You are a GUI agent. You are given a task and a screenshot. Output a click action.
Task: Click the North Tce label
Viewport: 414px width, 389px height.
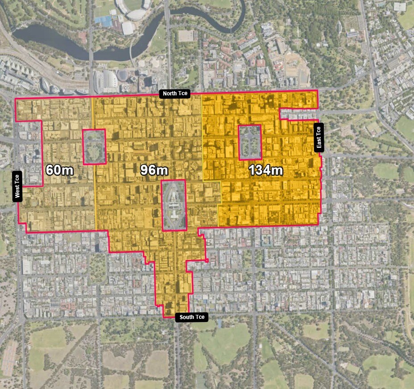point(175,94)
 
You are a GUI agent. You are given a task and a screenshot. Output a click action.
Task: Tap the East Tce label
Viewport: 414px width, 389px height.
point(319,138)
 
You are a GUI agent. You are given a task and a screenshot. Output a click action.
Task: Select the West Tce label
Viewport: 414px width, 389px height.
point(17,186)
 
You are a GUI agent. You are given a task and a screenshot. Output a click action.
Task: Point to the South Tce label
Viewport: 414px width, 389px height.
point(192,318)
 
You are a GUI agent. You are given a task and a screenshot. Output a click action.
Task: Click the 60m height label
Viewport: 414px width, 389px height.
point(59,170)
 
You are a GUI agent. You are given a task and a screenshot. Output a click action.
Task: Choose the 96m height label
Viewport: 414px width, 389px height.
point(154,170)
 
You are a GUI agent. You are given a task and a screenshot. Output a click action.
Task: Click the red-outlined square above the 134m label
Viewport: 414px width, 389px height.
point(249,142)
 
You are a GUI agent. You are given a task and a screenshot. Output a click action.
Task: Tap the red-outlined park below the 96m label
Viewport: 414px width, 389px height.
point(174,205)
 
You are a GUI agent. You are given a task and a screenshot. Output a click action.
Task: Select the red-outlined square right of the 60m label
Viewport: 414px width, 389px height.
point(94,146)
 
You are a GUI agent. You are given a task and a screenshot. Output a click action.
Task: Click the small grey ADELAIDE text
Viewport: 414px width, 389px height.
point(206,205)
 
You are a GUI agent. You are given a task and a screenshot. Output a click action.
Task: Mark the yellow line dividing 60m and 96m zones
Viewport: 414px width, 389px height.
point(94,179)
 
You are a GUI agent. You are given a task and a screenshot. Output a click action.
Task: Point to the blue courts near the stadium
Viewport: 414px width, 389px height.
point(103,20)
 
